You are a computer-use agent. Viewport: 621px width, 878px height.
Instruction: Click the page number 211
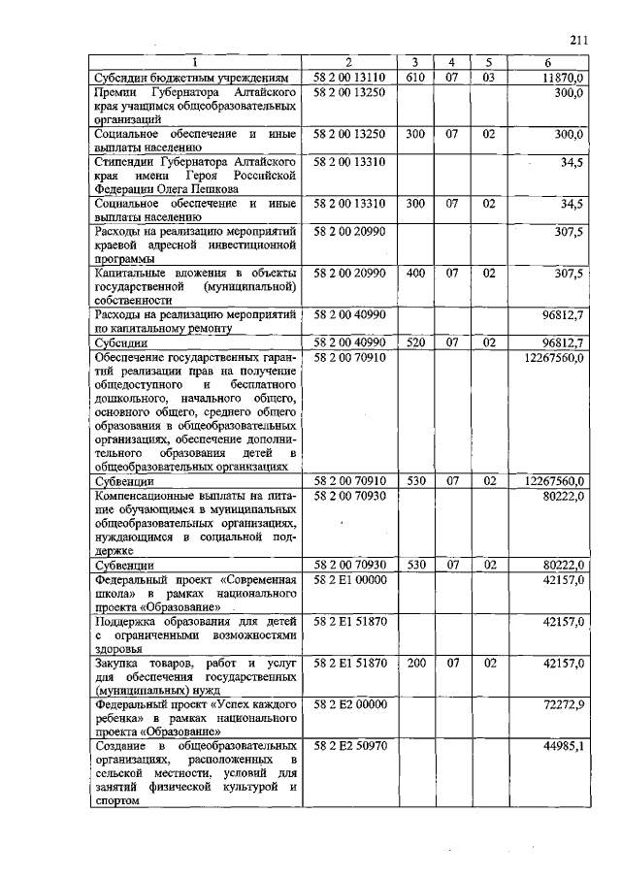(x=579, y=40)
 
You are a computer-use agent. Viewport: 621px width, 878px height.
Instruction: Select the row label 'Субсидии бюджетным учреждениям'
(x=191, y=77)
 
